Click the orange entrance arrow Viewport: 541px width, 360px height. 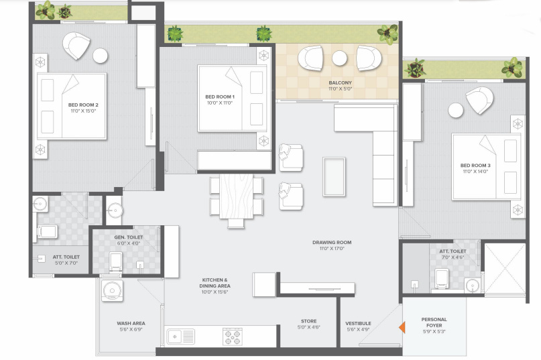click(401, 327)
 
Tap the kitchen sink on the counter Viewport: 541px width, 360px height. click(180, 337)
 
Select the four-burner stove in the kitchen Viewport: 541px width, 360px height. click(232, 337)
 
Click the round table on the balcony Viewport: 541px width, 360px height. click(339, 58)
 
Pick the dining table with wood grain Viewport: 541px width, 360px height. click(237, 195)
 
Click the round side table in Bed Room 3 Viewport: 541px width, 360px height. click(457, 109)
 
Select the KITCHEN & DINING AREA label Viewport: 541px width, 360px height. click(216, 283)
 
